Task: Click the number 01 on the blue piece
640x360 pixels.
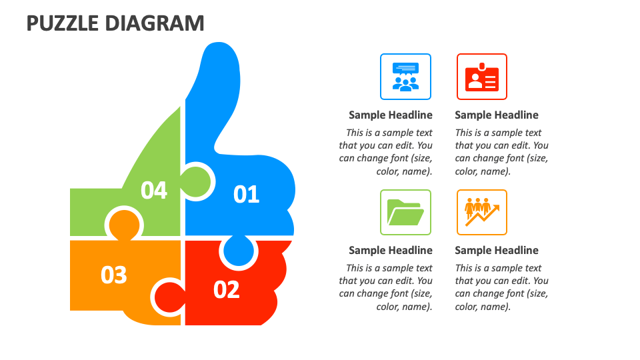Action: pos(246,194)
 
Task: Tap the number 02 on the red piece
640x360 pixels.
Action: pos(226,289)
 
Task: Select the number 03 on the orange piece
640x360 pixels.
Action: pos(114,275)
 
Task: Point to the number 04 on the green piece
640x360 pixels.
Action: pos(154,190)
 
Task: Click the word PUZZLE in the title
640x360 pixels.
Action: pos(62,23)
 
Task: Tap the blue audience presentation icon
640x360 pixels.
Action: pos(405,77)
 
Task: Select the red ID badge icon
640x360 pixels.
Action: pos(482,77)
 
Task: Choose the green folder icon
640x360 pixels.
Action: pos(405,213)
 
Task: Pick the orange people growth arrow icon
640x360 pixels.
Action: pos(482,213)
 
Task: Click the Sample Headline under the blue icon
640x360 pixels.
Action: pos(391,115)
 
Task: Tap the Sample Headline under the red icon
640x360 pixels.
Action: pos(497,115)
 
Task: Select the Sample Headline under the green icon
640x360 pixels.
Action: pos(391,250)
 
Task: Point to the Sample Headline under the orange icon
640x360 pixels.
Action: pos(497,250)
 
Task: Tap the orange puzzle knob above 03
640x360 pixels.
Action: pos(125,223)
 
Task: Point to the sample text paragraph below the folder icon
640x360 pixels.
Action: pos(386,287)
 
